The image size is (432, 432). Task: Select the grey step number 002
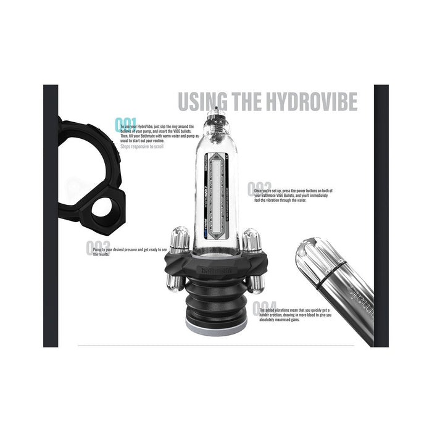(259, 189)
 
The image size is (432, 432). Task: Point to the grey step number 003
(98, 248)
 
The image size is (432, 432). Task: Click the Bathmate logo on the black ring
(218, 270)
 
